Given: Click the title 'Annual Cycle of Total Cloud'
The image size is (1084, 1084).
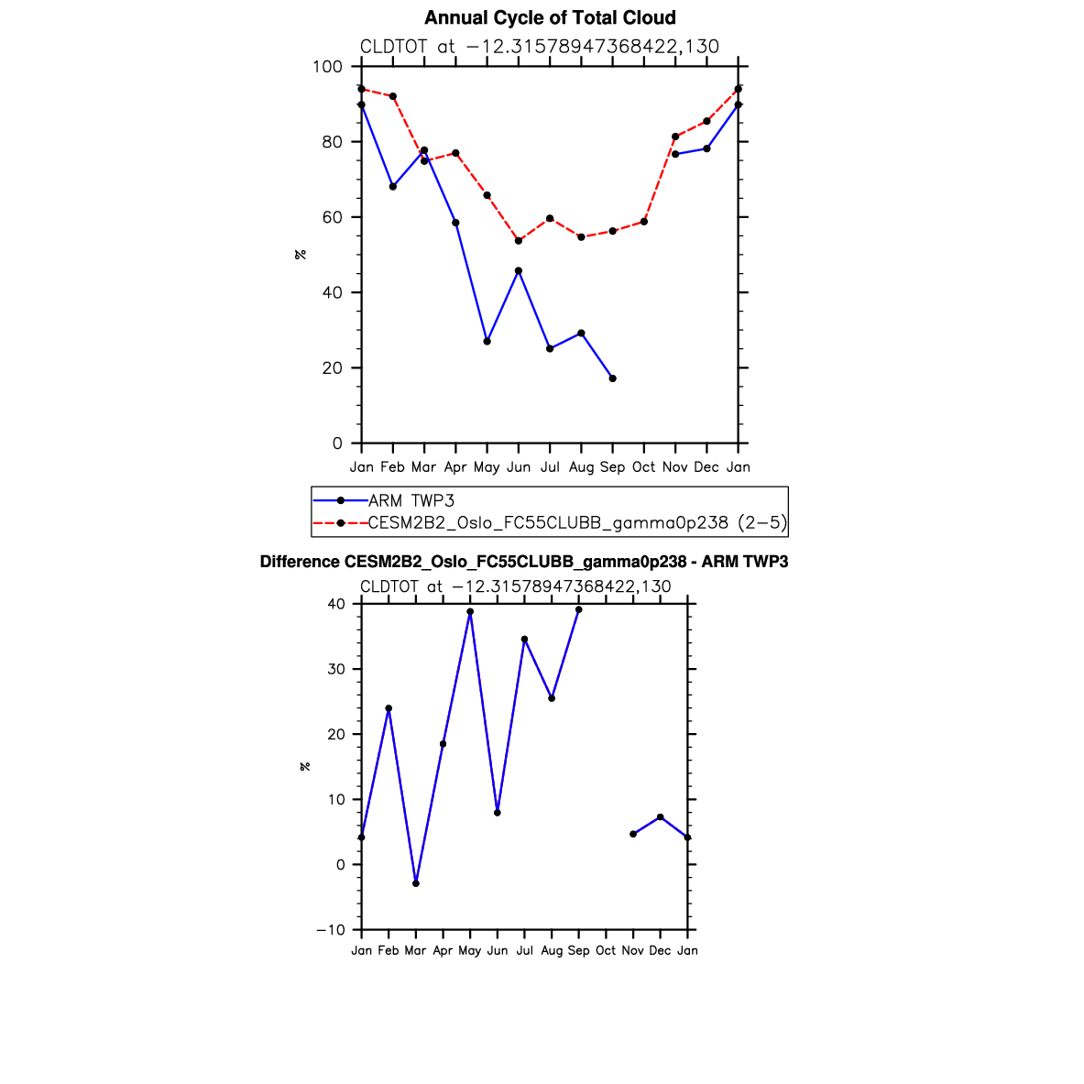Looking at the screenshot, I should (x=550, y=18).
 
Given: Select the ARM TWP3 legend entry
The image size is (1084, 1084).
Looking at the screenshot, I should (x=411, y=500).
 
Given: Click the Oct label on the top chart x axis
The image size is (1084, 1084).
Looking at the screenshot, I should (x=643, y=467).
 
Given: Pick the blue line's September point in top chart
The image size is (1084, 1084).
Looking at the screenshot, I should (x=612, y=378).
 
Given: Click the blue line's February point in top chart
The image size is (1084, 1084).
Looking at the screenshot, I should (x=393, y=187).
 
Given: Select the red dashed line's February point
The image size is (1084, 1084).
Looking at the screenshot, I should (x=393, y=96).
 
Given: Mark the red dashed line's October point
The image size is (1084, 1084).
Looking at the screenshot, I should (x=644, y=222).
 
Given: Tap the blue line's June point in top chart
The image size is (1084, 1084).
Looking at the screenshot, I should (x=519, y=271).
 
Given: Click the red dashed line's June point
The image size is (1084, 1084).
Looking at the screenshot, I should (x=519, y=241).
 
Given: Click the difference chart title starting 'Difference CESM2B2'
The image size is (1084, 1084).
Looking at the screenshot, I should (x=524, y=562).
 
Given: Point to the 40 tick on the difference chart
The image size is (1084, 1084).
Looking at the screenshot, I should (x=335, y=604).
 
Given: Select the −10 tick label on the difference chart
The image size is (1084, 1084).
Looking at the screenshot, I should (x=331, y=930).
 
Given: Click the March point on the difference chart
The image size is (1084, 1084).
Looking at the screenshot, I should (x=416, y=883).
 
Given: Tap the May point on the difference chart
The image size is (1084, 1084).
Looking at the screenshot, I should (x=470, y=611).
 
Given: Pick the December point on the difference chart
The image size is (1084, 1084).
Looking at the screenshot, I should (x=661, y=816).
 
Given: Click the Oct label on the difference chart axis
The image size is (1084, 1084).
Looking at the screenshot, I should (x=606, y=951).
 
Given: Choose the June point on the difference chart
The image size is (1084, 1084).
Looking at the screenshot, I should (x=498, y=813).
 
